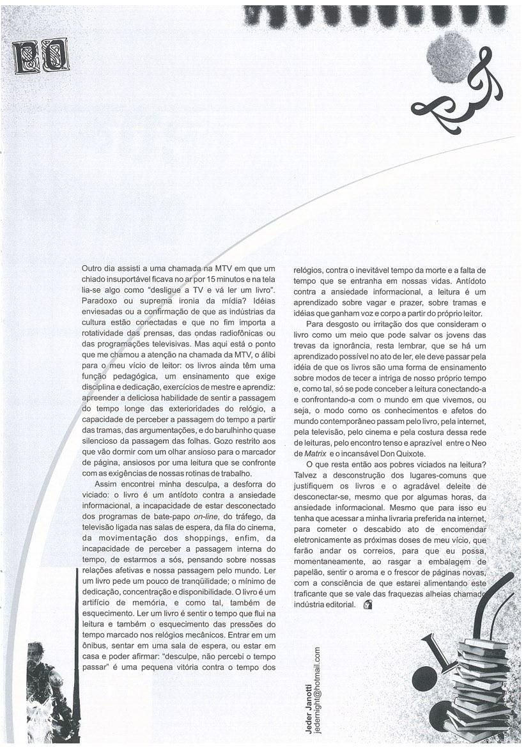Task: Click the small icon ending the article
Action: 367,605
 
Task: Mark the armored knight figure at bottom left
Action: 47,694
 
